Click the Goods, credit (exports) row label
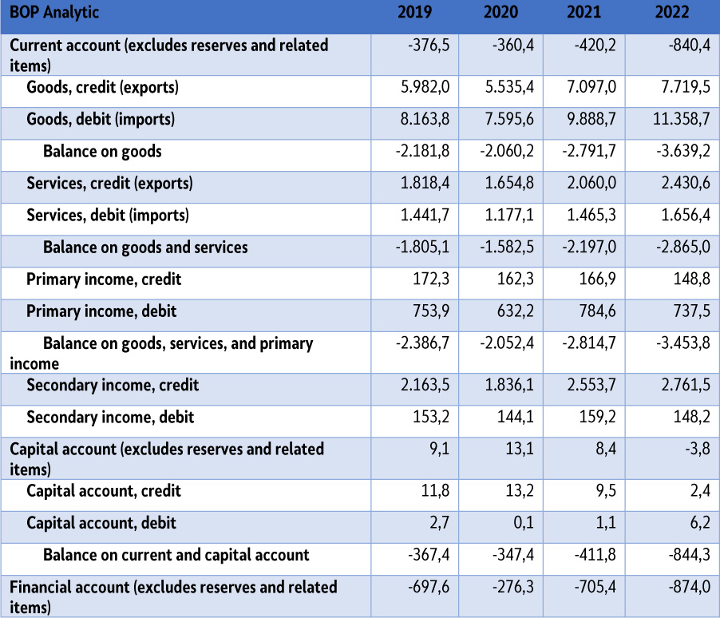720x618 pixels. [102, 88]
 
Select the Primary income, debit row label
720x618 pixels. [101, 311]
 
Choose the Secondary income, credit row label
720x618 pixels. [113, 386]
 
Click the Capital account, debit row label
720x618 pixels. [101, 524]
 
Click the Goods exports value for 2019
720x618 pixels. [423, 88]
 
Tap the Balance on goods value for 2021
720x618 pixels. [591, 152]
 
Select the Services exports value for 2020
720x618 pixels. [508, 184]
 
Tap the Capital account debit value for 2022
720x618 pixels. [698, 524]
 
